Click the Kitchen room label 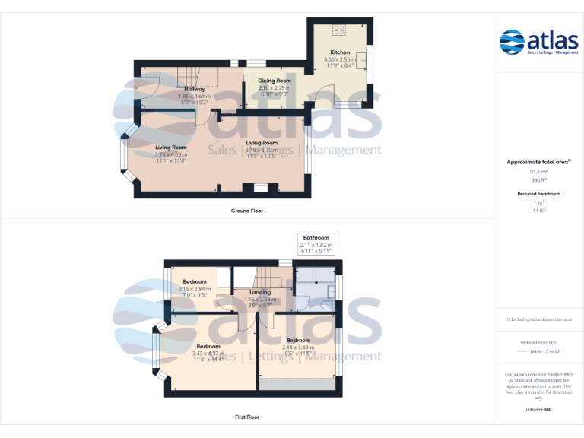pyautogui.click(x=339, y=52)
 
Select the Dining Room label pyautogui.click(x=275, y=81)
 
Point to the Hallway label pyautogui.click(x=195, y=90)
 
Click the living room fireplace pyautogui.click(x=260, y=186)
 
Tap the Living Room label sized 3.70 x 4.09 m pyautogui.click(x=171, y=148)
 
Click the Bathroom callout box pyautogui.click(x=316, y=244)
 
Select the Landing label pyautogui.click(x=260, y=292)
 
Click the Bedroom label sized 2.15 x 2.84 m pyautogui.click(x=194, y=281)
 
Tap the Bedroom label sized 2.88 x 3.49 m pyautogui.click(x=297, y=340)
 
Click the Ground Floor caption pyautogui.click(x=246, y=211)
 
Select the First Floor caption pyautogui.click(x=246, y=417)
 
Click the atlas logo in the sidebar pyautogui.click(x=538, y=42)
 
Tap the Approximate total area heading pyautogui.click(x=538, y=162)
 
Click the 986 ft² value pyautogui.click(x=538, y=180)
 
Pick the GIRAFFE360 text pyautogui.click(x=538, y=410)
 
